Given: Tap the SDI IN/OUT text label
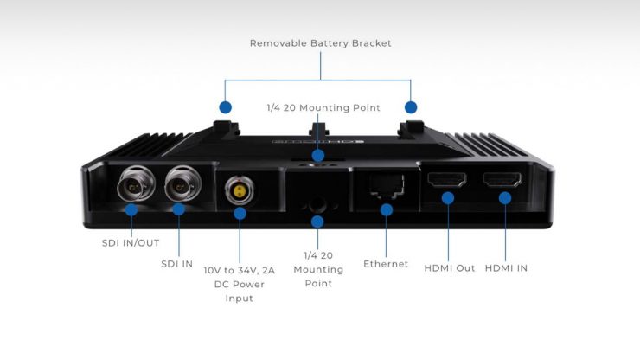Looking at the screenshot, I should point(131,242).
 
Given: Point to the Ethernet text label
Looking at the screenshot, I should point(386,264).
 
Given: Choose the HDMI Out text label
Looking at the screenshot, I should point(449,267).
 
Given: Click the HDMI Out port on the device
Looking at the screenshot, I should point(448,180).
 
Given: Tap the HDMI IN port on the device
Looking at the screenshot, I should point(503,180).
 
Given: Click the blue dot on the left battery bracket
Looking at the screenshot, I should point(226,108).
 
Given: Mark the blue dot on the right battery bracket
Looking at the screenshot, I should point(411,108).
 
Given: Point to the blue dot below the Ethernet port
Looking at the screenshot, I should point(387,209).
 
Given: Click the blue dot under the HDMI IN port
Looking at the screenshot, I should point(504,198).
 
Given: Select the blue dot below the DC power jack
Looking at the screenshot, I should point(240,212).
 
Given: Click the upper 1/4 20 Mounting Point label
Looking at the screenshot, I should point(323,108).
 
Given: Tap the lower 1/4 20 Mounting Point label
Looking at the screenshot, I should point(317,269).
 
